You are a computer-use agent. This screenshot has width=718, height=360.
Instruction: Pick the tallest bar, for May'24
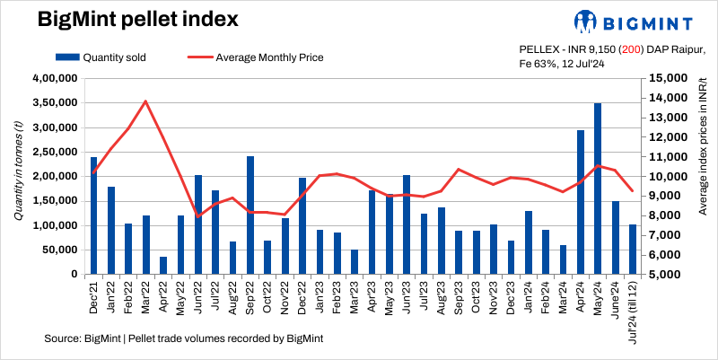pos(598,189)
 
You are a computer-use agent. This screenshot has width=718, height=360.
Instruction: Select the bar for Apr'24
pos(581,202)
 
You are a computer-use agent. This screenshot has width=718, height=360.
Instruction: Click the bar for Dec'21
pos(93,215)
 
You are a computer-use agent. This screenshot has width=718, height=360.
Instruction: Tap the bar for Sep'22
pos(250,215)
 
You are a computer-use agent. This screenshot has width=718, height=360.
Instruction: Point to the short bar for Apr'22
pos(163,265)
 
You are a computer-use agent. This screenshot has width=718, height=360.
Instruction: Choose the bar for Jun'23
pos(407,224)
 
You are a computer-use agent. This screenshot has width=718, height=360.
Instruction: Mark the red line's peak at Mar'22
pos(145,101)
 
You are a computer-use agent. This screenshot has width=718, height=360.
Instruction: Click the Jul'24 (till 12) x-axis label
pos(633,310)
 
